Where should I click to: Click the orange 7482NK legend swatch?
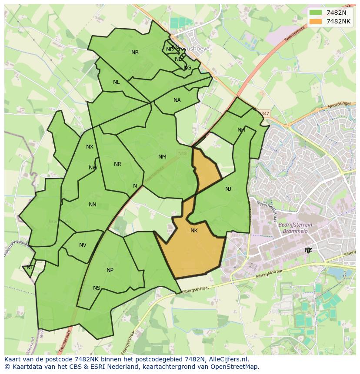point(316,21)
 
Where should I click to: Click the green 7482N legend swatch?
point(316,13)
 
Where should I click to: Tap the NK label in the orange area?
point(194,231)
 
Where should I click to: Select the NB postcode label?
point(135,53)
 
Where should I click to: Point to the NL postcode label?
point(116,82)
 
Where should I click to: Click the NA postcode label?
point(177,100)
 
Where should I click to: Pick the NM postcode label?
point(162,157)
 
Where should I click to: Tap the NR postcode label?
point(117,164)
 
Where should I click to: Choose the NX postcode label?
point(90,147)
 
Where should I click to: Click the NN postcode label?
point(92,205)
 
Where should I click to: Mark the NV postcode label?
point(83,245)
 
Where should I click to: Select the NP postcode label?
point(110,270)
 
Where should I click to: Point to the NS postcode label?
point(97,288)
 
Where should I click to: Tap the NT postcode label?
point(30,268)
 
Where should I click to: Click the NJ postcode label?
point(228,189)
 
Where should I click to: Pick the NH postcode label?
point(241,130)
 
